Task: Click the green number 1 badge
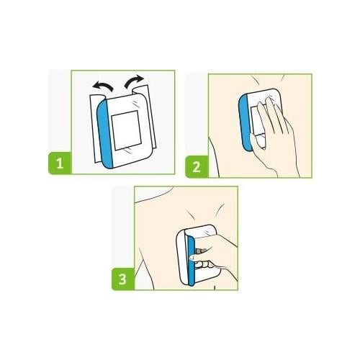(60, 163)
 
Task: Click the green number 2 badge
(197, 166)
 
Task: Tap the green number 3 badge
(123, 279)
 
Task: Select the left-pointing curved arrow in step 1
(103, 86)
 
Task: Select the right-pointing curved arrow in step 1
(134, 81)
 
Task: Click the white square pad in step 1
(126, 130)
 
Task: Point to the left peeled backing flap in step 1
(95, 128)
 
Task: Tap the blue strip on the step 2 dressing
(245, 122)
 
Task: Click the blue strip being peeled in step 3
(191, 261)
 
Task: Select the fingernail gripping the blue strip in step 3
(192, 258)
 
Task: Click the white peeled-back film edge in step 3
(181, 257)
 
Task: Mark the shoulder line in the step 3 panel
(153, 196)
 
